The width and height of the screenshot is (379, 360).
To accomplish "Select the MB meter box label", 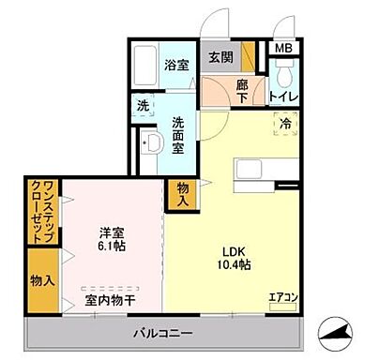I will [281, 49].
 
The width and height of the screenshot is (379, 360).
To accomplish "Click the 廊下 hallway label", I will [243, 89].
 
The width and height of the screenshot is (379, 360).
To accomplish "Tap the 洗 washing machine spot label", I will [143, 106].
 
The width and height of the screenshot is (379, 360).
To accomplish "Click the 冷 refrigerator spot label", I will [281, 122].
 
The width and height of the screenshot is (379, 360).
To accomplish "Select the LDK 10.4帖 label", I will [238, 258].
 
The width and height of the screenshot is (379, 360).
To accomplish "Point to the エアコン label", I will [282, 299].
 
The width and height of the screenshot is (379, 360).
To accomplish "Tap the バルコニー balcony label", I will [160, 333].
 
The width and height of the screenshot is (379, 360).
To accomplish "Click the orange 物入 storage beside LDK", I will [183, 194].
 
